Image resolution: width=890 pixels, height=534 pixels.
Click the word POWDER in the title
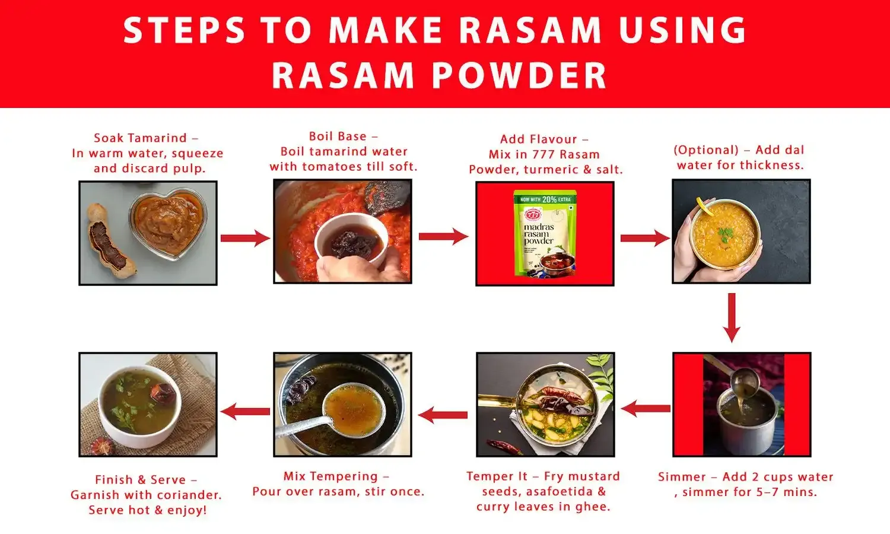[519, 76]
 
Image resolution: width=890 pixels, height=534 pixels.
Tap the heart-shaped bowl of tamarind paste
[168, 224]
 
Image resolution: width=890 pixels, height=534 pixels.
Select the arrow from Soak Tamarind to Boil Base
[245, 238]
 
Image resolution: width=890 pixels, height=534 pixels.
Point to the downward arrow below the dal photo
[732, 317]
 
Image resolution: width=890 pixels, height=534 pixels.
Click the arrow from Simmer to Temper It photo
[646, 408]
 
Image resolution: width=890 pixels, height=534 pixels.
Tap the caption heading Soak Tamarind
[141, 138]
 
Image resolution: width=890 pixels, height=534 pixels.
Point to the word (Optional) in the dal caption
[706, 150]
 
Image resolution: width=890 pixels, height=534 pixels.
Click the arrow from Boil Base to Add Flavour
[443, 236]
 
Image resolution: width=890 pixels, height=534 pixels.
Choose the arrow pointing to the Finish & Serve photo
[245, 411]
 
